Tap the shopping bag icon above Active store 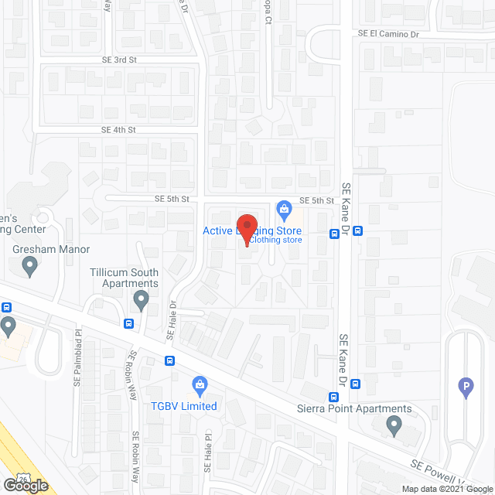point(284,208)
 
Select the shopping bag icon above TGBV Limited point(199,384)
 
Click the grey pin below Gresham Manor point(30,268)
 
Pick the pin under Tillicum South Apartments point(141,299)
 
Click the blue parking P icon point(466,387)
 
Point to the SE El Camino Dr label point(387,34)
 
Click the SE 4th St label point(118,130)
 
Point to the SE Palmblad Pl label point(78,364)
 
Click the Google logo point(24,485)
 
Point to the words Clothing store point(275,240)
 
